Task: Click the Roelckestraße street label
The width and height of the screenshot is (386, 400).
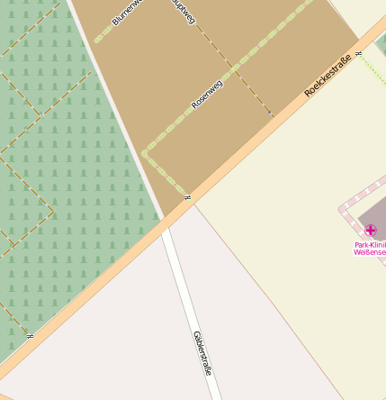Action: (x=328, y=76)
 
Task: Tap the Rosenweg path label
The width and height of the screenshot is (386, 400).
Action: (x=207, y=94)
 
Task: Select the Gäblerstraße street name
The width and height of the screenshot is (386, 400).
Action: (x=203, y=352)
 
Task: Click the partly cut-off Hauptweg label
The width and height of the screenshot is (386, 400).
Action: (x=183, y=11)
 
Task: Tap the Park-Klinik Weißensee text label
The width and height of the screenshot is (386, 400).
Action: (x=370, y=248)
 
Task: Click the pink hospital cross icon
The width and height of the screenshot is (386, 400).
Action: (x=371, y=231)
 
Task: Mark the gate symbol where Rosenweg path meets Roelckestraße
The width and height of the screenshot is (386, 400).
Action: (x=187, y=196)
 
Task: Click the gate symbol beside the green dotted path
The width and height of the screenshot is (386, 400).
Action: (x=358, y=54)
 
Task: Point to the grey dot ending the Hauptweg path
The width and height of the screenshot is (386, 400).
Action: (x=270, y=114)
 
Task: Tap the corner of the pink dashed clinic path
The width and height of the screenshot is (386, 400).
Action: (x=342, y=209)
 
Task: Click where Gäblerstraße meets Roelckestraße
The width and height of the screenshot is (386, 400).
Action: (x=170, y=219)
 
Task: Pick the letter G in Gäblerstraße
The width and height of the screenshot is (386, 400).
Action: (x=195, y=335)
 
